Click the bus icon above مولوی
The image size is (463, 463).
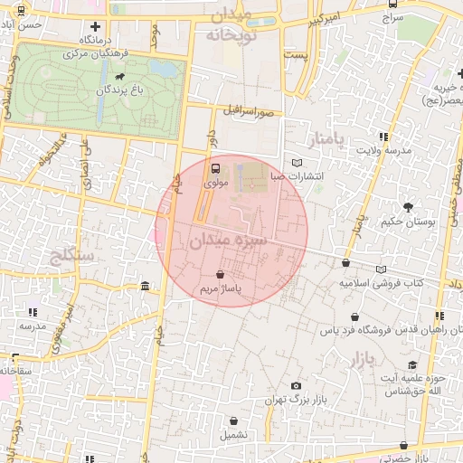point(215,168)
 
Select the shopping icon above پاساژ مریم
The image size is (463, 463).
point(222,274)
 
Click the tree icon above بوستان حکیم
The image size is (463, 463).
point(409,207)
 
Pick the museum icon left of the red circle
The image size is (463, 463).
point(146,287)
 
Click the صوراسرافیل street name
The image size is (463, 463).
point(250,113)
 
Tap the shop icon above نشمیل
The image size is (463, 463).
point(234,420)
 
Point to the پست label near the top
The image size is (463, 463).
point(296,55)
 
